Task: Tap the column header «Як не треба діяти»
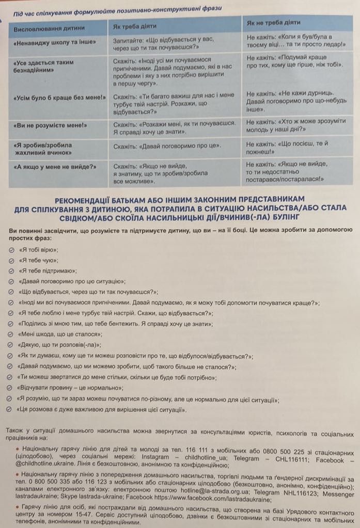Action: coord(274,23)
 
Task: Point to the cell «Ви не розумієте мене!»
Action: coord(50,125)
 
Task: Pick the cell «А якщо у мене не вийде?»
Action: coord(56,167)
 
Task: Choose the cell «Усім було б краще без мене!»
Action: coord(57,97)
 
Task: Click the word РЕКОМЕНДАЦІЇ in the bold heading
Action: coord(98,199)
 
